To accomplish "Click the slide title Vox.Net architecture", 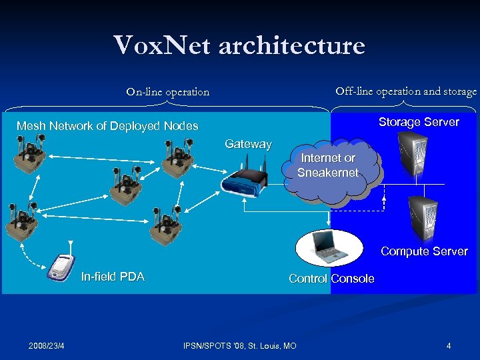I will point(239,45).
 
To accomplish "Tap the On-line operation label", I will point(167,92).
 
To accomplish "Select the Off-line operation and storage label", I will point(405,91).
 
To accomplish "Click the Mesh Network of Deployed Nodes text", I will point(107,126).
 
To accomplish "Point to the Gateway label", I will point(248,144).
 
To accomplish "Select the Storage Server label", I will point(419,122).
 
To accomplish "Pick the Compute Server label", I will point(424,251).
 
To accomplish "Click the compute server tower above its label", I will point(423,217).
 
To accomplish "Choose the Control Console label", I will point(331,279).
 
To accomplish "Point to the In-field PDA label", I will point(112,277).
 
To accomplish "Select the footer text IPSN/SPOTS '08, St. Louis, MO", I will point(240,345).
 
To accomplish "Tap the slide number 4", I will point(449,345).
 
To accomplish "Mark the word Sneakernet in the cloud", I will point(328,173).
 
